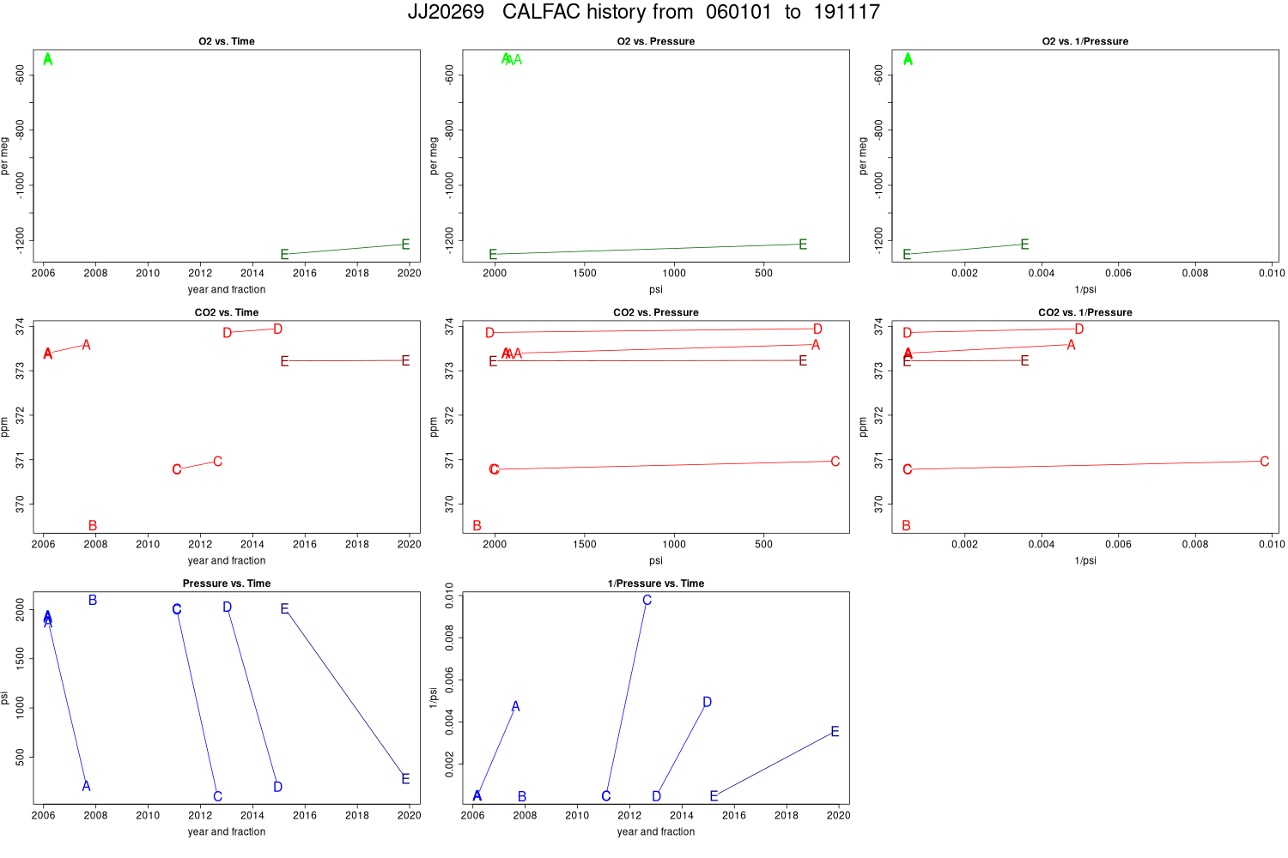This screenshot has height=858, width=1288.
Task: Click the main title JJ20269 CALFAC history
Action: [643, 12]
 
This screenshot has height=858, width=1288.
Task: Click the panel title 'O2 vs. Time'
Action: [227, 41]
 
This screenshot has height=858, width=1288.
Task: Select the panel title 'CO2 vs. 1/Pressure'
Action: [1084, 312]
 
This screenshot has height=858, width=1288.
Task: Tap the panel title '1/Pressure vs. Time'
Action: [655, 583]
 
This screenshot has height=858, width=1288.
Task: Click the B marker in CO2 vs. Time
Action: [93, 526]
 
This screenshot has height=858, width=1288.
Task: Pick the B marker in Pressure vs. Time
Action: [93, 601]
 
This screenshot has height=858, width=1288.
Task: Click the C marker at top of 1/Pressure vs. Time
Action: [647, 601]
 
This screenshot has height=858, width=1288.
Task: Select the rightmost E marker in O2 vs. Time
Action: [405, 245]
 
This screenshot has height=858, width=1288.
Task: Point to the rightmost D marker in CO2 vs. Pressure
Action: [817, 329]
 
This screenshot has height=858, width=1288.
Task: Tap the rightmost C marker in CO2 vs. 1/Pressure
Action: [1264, 462]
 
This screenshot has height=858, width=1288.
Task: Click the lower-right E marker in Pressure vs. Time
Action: [405, 779]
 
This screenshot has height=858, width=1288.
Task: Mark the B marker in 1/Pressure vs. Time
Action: [522, 797]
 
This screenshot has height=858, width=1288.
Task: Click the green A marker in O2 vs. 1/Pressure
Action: [908, 59]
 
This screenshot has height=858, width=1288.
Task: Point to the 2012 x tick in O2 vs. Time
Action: [200, 273]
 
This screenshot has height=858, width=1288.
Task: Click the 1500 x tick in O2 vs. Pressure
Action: [584, 273]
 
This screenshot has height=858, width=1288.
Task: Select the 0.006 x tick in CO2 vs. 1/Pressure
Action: [1118, 544]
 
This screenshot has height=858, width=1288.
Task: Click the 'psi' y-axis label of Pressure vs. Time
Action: [5, 698]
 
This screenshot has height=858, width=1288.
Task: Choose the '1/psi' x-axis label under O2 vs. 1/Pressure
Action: [1084, 290]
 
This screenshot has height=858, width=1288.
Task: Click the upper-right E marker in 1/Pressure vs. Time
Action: [835, 732]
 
